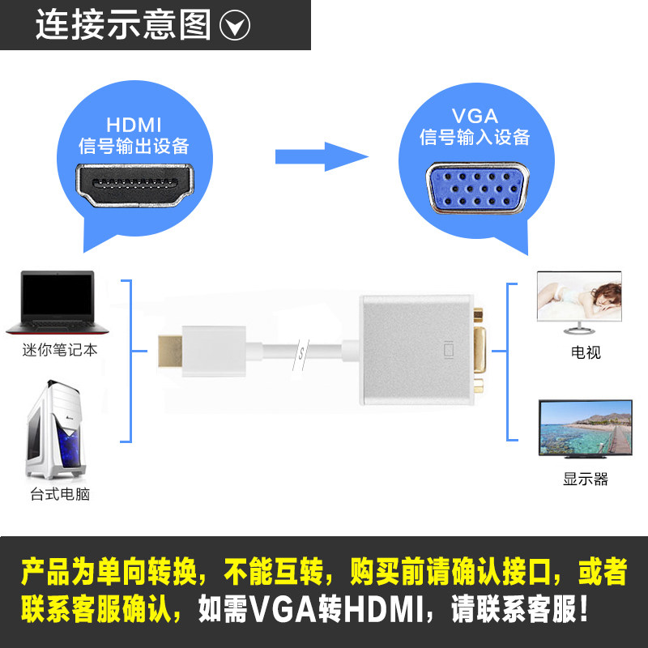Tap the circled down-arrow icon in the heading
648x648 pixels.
235,27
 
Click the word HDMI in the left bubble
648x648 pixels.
134,125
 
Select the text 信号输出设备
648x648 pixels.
134,147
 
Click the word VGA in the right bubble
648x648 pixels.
475,115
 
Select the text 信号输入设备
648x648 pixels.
475,137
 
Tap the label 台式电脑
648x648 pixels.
58,493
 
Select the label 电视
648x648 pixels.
586,352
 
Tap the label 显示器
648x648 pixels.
585,479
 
